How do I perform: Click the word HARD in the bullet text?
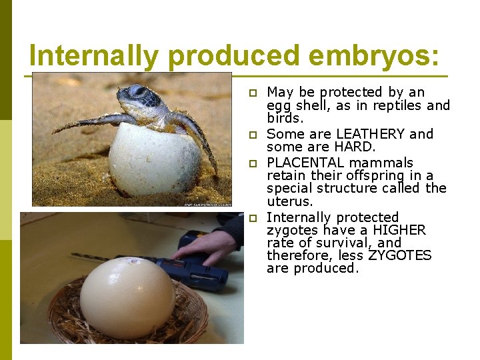pos(355,147)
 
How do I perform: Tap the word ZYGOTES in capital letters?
pos(399,256)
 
